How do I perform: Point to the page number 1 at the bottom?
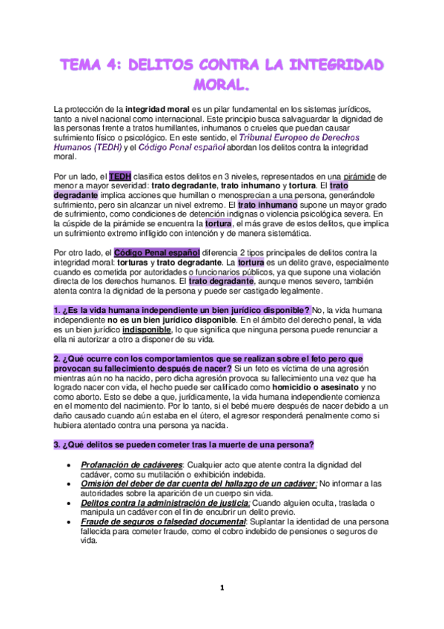tap(221, 588)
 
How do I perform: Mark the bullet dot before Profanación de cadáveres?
tap(69, 465)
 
